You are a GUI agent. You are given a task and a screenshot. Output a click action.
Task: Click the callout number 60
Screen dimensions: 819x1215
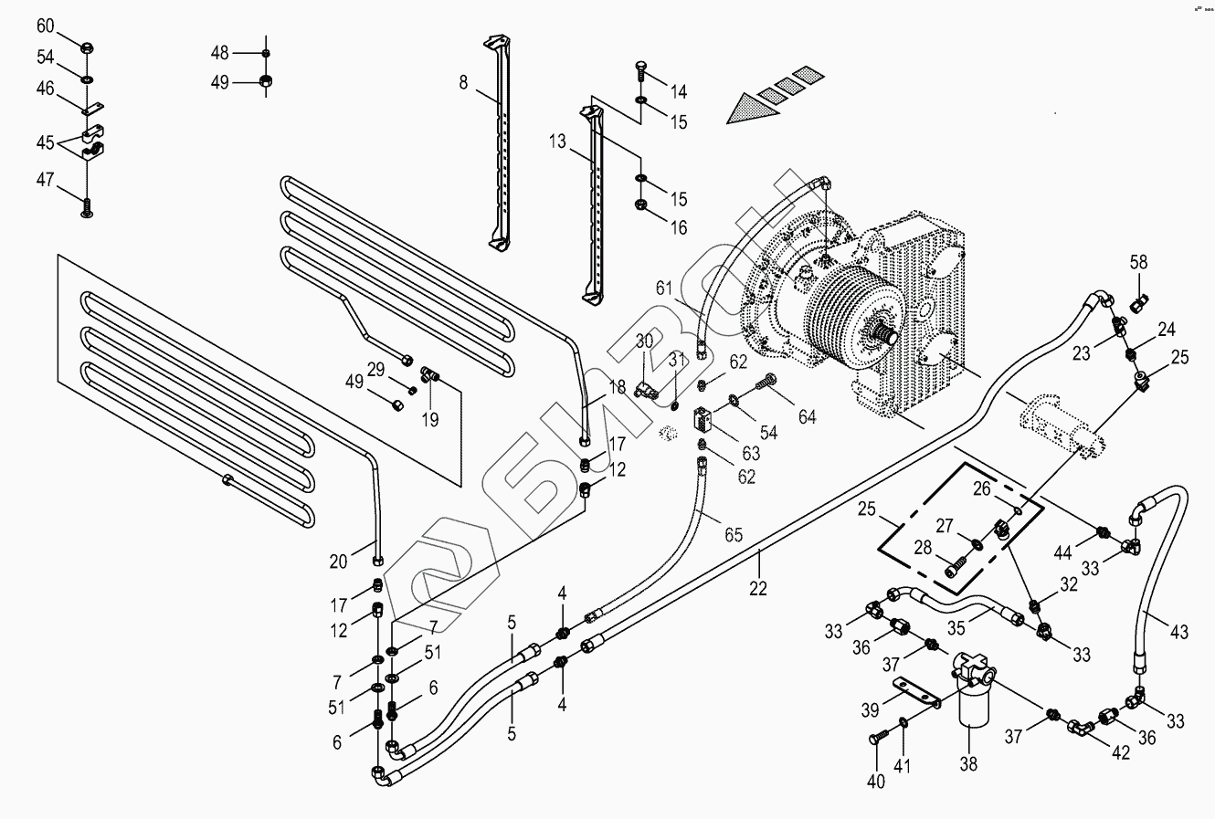click(45, 25)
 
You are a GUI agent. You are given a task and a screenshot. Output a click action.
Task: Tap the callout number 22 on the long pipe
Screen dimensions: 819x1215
click(758, 590)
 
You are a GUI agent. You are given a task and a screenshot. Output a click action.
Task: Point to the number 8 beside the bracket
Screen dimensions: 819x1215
click(463, 82)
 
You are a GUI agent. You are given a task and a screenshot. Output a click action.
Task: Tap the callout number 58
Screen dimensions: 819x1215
click(1138, 263)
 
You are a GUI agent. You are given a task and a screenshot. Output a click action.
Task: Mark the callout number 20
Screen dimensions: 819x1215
click(338, 562)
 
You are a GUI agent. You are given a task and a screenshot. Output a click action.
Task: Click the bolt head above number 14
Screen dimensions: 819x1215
click(640, 67)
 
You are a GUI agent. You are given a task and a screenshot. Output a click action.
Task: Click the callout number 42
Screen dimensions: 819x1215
click(1120, 753)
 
